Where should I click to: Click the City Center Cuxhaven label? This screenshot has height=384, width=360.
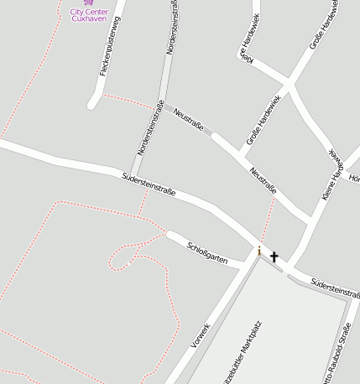pos(89,15)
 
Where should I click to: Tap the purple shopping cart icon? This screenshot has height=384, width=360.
pos(89,3)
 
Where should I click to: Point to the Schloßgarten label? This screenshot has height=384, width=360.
pos(207,253)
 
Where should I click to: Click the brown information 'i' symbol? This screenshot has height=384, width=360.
pos(259,251)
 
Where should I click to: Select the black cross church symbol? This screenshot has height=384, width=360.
pos(274,257)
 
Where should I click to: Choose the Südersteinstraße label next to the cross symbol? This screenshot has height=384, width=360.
pos(334,288)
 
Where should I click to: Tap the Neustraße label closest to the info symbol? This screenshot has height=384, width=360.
pos(263,179)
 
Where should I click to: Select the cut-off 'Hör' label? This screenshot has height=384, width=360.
pos(353,178)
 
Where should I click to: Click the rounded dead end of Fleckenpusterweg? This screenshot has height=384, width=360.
pos(93,104)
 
